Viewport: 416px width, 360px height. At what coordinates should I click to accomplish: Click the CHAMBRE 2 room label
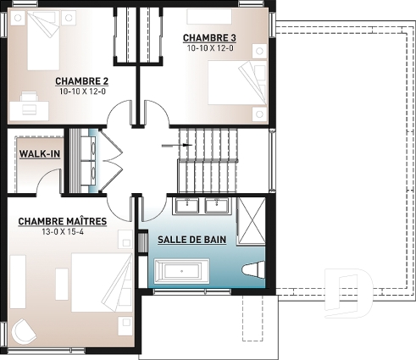pos(83,80)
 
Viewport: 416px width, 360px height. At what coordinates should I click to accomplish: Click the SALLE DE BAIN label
pos(191,241)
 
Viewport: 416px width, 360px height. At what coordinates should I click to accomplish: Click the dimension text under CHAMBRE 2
pos(83,91)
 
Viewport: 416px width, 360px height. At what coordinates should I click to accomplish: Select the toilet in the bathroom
pos(252,271)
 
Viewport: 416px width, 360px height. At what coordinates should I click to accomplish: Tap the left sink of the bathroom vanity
pos(188,203)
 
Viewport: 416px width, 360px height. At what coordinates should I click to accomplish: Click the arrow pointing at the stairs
pos(180,145)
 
